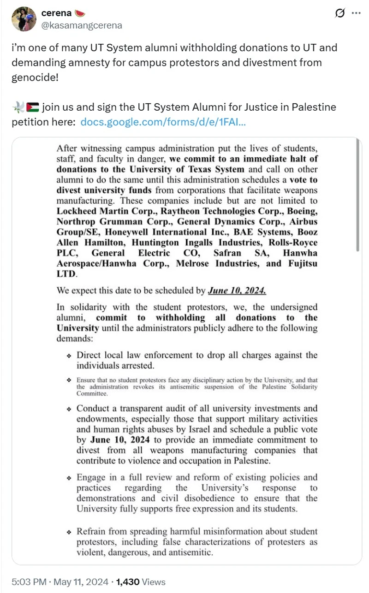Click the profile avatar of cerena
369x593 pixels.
[x=24, y=19]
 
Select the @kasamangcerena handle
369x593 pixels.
[x=82, y=25]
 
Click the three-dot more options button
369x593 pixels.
[x=356, y=13]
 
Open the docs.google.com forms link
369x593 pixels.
[x=163, y=122]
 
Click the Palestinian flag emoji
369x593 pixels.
[x=33, y=108]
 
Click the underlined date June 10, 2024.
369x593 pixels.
[x=237, y=291]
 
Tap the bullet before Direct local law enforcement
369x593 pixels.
[x=69, y=356]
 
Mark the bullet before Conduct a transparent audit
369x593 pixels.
[x=69, y=409]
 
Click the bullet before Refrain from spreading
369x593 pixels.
[x=69, y=533]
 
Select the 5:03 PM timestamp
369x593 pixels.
[x=27, y=581]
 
